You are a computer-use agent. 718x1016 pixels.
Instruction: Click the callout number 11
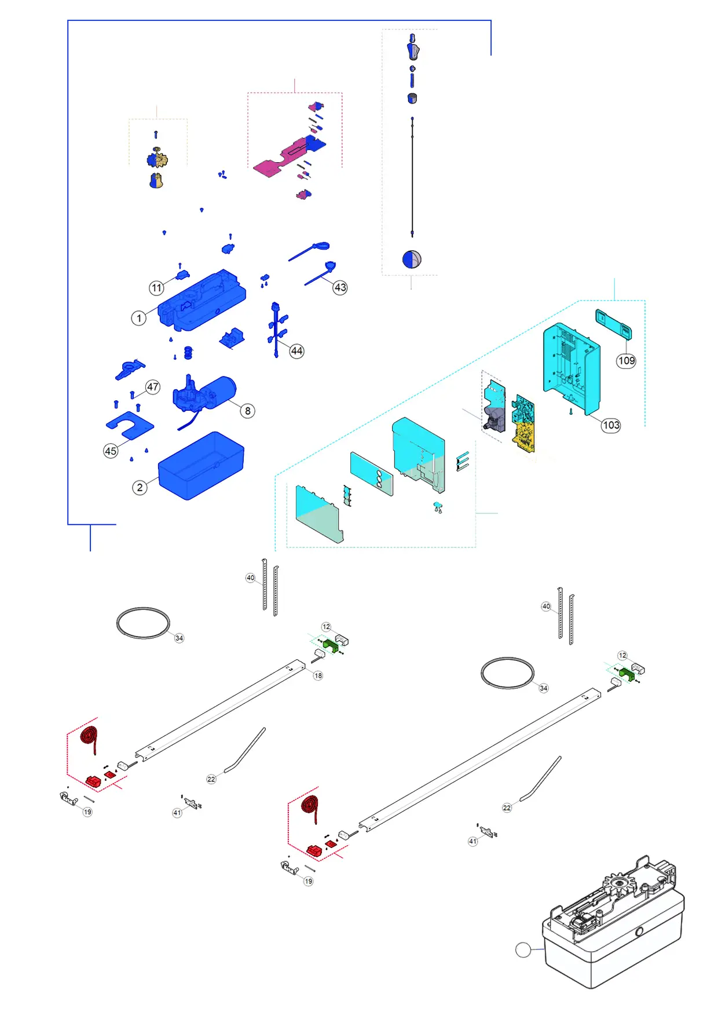156,288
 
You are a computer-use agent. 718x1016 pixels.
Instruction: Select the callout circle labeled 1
138,318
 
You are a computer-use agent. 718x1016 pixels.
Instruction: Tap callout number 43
340,287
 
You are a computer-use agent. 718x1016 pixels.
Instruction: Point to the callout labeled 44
296,351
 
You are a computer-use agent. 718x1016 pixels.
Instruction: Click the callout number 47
152,387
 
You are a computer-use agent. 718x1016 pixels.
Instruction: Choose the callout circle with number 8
248,411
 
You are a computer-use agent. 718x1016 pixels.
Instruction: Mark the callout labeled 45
111,451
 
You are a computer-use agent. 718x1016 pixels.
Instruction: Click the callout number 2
140,488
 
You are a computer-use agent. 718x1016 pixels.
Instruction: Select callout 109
626,361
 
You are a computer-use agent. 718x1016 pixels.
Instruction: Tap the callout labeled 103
611,425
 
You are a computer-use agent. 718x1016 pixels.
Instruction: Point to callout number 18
318,675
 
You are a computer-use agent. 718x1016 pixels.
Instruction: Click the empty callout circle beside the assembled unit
523,950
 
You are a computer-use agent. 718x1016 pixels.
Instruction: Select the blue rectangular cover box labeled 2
201,465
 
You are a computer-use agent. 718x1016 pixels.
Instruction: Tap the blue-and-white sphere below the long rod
412,259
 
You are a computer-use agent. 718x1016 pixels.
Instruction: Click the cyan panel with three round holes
371,473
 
